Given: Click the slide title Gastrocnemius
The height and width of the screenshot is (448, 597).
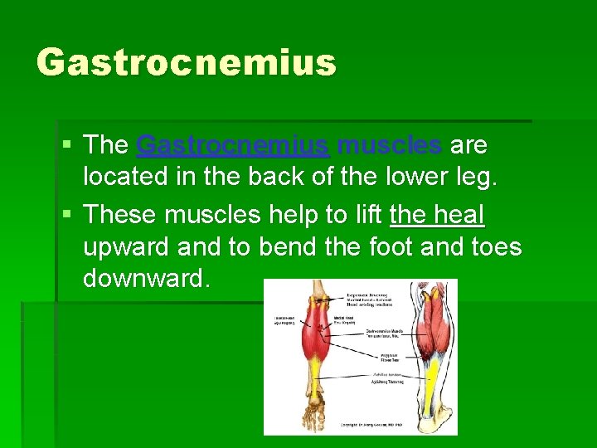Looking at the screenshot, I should tap(187, 62).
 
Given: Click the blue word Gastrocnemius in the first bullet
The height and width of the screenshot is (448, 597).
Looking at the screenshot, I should tap(232, 145).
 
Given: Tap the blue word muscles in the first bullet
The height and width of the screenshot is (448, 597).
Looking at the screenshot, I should tap(390, 145).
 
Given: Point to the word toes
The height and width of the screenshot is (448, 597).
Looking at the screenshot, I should tap(495, 246).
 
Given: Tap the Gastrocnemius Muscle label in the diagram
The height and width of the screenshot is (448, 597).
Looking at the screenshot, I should tap(384, 333).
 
